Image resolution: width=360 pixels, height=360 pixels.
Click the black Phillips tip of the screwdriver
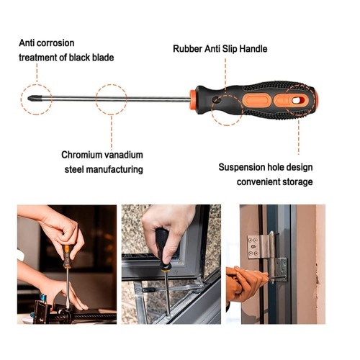(x=32, y=98)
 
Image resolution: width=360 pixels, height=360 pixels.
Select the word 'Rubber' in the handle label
(x=187, y=49)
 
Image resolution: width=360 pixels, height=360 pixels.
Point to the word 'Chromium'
(x=82, y=155)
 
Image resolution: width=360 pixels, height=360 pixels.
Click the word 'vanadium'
(x=124, y=155)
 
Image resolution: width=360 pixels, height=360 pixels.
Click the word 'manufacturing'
(x=114, y=169)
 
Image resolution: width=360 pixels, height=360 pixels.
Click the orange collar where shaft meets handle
(x=193, y=100)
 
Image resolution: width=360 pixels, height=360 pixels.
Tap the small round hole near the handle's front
(x=217, y=100)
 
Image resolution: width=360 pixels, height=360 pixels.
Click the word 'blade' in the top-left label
(x=103, y=58)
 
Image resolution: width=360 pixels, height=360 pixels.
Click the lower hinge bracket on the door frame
(x=281, y=269)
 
